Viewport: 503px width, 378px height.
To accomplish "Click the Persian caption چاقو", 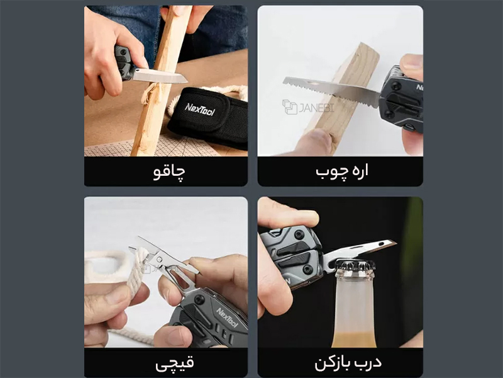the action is (169, 172).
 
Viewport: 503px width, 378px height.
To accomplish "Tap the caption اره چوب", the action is (341, 171).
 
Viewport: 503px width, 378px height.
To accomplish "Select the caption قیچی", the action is (174, 364).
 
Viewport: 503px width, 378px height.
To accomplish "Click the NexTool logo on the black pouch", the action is (199, 109).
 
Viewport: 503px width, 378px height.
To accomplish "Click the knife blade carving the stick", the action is (160, 76).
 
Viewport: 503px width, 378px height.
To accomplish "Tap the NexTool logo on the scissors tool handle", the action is (227, 318).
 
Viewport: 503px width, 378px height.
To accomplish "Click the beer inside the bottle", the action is (354, 340).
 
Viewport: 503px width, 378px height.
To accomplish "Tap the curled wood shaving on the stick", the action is (148, 94).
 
